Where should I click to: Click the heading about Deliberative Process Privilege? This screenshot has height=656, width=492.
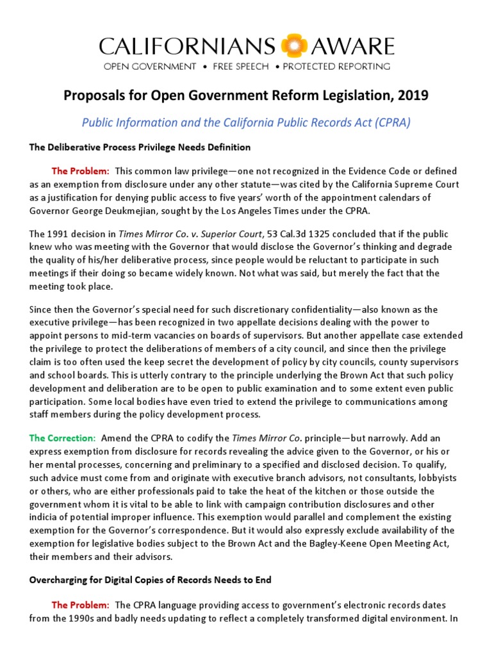(x=140, y=147)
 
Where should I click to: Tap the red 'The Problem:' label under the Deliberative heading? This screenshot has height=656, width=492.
(x=81, y=171)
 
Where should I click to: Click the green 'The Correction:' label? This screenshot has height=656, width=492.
(x=62, y=438)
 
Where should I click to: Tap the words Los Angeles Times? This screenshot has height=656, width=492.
(x=285, y=209)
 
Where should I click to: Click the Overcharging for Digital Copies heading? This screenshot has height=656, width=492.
(x=151, y=580)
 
